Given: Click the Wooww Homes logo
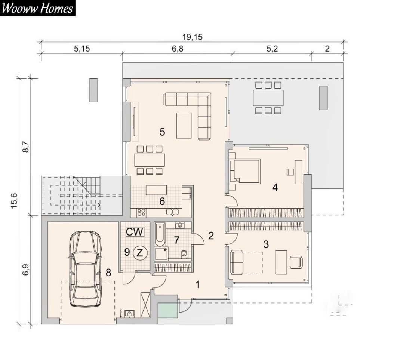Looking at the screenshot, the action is (x=38, y=8).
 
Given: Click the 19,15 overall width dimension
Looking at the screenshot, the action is (x=192, y=37).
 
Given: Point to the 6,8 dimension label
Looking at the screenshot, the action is (x=178, y=49).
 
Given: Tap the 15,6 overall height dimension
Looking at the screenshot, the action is (x=14, y=200).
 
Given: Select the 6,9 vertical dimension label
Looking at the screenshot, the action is (x=26, y=269).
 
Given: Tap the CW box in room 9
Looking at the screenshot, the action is (x=135, y=232).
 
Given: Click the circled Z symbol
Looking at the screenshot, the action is (x=140, y=253).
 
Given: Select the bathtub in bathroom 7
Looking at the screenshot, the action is (x=160, y=234).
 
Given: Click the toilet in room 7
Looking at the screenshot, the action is (x=184, y=254).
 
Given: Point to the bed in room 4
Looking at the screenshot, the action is (x=245, y=170).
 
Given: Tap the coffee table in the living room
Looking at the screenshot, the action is (x=184, y=125).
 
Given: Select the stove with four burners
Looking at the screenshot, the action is (x=141, y=213).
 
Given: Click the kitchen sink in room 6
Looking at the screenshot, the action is (x=172, y=212).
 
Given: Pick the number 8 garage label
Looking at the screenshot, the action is (x=108, y=272).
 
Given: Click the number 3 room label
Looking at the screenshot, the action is (x=266, y=244).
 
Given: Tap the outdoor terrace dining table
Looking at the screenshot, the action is (x=268, y=98).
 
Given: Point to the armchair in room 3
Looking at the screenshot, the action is (x=296, y=262).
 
